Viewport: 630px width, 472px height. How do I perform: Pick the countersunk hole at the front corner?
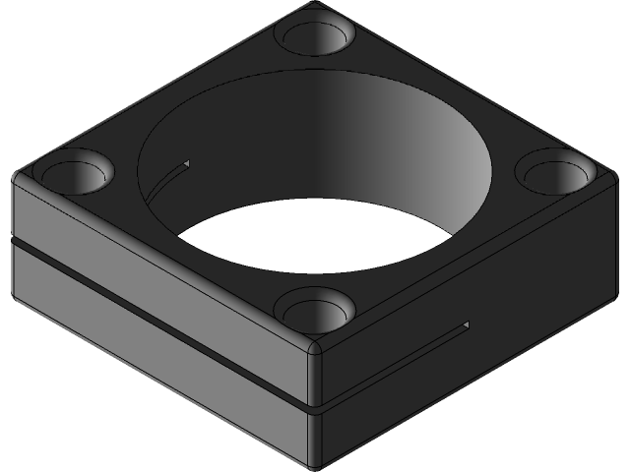[x=314, y=310]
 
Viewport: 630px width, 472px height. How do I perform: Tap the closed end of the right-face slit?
[x=467, y=324]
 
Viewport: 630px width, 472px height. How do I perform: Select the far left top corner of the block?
[x=16, y=177]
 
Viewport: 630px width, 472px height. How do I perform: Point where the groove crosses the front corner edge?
[x=315, y=404]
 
